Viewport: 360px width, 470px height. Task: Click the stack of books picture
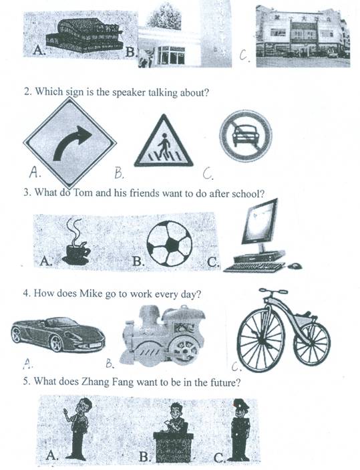click(x=84, y=35)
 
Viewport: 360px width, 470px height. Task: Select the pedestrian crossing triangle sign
click(x=164, y=141)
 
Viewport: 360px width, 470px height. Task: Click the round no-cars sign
click(x=246, y=136)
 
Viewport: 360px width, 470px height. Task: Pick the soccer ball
click(x=170, y=243)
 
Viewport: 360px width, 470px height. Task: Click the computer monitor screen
click(x=260, y=221)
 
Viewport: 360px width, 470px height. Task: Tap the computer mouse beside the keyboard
click(x=295, y=265)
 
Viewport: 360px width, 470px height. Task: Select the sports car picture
click(x=58, y=334)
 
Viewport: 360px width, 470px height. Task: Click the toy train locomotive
click(x=163, y=336)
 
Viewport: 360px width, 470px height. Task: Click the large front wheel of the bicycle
click(x=260, y=340)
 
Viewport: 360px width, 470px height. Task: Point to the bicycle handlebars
click(x=273, y=291)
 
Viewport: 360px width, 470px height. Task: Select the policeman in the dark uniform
click(x=240, y=429)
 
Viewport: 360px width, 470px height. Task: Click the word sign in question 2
click(x=74, y=92)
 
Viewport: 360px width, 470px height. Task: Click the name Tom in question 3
click(x=83, y=192)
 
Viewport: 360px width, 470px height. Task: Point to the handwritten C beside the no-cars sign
click(x=208, y=173)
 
